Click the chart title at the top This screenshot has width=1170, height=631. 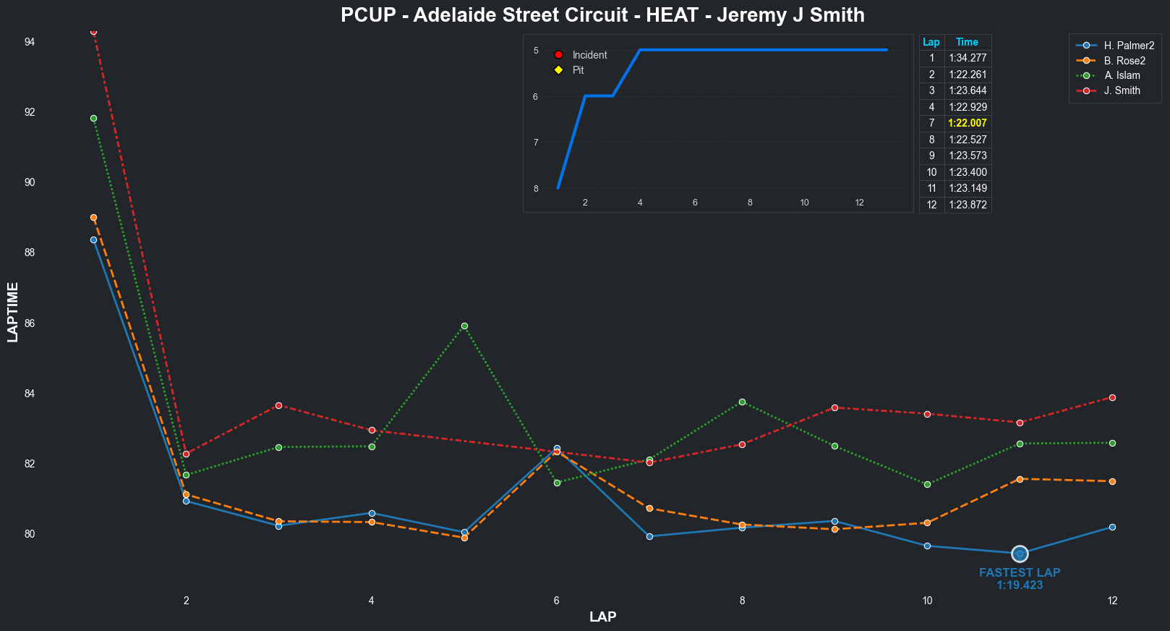(x=602, y=15)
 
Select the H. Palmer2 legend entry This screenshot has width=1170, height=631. (x=1128, y=46)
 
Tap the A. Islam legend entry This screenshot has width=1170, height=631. (x=1122, y=75)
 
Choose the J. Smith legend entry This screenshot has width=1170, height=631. (x=1122, y=90)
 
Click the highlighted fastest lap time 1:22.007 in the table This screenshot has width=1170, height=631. (x=968, y=123)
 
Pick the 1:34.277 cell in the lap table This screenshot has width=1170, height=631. (x=968, y=58)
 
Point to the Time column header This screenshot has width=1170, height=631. (x=967, y=42)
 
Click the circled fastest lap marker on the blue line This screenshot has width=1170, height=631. (x=1020, y=554)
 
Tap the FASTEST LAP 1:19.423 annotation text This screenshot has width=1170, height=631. (x=1020, y=578)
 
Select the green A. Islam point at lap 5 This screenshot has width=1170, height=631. (x=464, y=326)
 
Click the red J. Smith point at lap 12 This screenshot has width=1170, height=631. (x=1112, y=397)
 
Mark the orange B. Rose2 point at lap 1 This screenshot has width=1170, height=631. (x=93, y=217)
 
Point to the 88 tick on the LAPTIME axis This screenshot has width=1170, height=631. (x=30, y=253)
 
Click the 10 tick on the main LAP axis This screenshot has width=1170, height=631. (x=927, y=600)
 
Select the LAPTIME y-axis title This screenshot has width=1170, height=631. (x=13, y=312)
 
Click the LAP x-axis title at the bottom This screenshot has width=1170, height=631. (x=602, y=617)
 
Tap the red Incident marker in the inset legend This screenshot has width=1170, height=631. (x=558, y=55)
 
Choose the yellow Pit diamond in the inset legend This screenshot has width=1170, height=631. (x=558, y=70)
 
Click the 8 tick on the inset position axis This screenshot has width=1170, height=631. (x=536, y=189)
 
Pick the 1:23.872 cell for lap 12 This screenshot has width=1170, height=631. (x=968, y=205)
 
